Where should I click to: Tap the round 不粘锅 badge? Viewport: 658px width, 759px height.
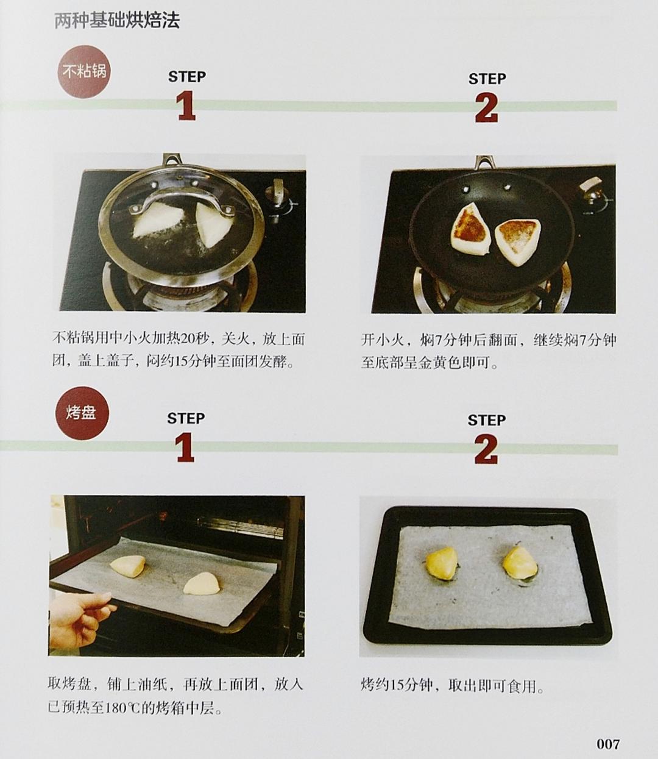85,71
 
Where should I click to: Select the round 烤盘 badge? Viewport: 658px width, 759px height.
82,413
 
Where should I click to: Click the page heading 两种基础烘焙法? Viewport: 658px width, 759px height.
117,22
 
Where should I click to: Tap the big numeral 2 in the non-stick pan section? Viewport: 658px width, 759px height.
486,109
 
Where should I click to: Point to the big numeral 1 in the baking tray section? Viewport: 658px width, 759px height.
185,447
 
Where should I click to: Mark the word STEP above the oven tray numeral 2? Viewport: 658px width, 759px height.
486,420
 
